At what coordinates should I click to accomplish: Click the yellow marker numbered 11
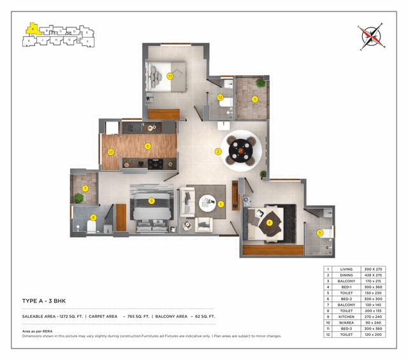point(170,76)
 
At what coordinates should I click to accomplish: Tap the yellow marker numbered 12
point(220,97)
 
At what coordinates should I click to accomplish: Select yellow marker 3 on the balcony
point(254,99)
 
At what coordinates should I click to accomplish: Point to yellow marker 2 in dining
point(218,152)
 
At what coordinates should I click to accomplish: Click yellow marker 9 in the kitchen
point(147,146)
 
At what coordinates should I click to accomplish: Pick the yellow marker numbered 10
point(110,152)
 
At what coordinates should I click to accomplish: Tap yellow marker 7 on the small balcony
point(85,188)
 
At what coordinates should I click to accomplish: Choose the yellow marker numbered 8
point(93,217)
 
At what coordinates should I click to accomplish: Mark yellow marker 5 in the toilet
point(319,233)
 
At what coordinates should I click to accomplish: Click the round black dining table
point(242,151)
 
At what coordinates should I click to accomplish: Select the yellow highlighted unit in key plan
point(31,28)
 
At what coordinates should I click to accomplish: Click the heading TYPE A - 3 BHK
point(49,300)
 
